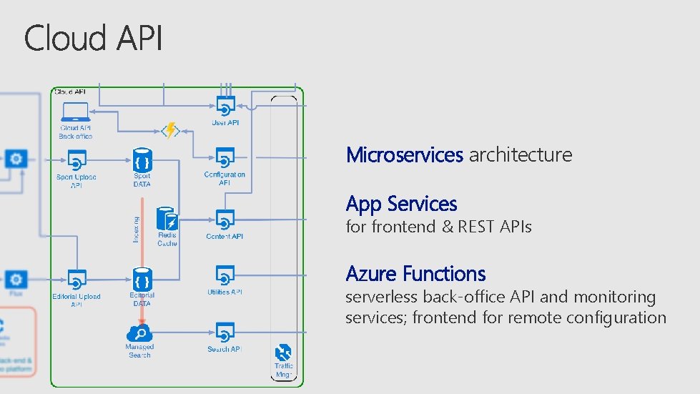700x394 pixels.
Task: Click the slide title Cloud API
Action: tap(94, 38)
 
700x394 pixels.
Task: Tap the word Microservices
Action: tap(404, 154)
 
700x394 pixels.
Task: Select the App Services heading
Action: tap(401, 204)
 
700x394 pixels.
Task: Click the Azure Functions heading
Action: tap(415, 274)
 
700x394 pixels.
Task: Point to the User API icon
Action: tap(225, 107)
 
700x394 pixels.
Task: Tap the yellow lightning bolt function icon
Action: tap(170, 131)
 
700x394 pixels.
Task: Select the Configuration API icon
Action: tap(225, 157)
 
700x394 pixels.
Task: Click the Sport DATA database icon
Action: tap(142, 160)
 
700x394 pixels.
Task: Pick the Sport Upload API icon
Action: tap(77, 159)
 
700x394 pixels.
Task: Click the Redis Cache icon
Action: tap(167, 219)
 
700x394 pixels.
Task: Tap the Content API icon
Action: tap(225, 219)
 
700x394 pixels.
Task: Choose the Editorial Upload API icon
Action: tap(77, 278)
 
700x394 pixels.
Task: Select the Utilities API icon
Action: tap(225, 275)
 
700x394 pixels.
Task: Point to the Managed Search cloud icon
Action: tap(139, 333)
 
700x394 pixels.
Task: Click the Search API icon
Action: tap(225, 333)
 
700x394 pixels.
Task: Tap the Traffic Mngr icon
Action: tap(284, 353)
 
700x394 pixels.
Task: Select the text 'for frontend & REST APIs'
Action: tap(438, 227)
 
